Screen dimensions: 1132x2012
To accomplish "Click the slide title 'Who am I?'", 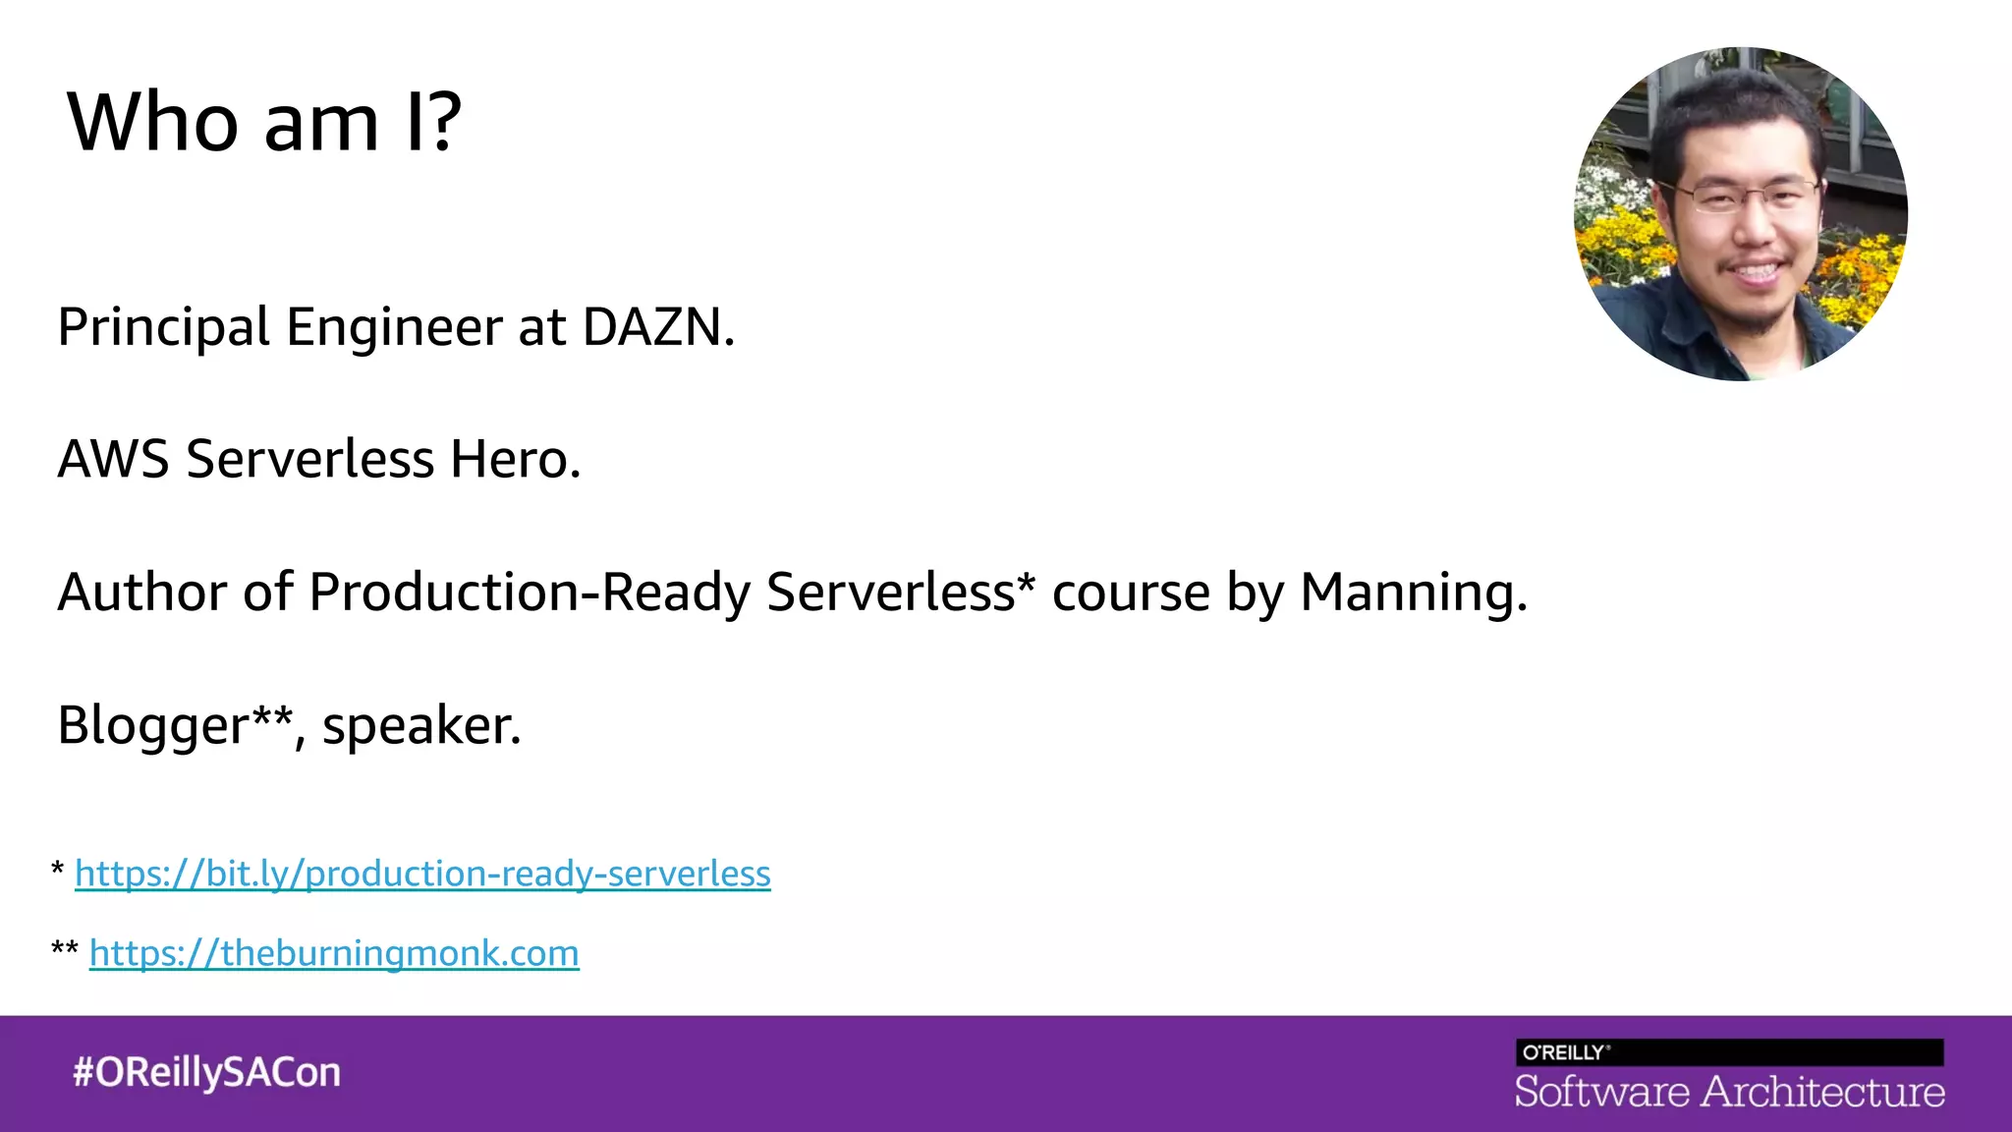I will click(263, 122).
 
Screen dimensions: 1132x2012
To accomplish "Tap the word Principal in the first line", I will click(163, 327).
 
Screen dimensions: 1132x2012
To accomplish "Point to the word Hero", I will click(514, 459).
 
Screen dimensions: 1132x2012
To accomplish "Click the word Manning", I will click(1412, 593).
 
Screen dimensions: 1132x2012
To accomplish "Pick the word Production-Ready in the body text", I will click(529, 593).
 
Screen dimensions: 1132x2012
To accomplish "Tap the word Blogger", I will click(152, 726).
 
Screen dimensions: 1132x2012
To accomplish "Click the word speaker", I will click(419, 726).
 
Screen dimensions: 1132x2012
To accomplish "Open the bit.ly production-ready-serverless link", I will click(422, 874).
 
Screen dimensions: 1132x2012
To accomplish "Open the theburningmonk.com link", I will click(334, 953).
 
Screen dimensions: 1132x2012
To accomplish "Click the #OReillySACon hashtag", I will click(206, 1072).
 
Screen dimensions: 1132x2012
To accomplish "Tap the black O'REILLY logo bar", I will click(1729, 1052).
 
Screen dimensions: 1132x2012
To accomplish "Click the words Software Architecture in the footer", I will click(1729, 1092).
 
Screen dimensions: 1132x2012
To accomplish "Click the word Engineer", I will click(394, 327).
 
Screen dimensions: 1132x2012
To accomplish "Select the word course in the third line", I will click(1130, 593).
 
